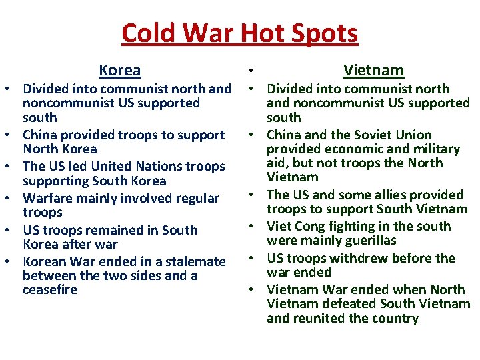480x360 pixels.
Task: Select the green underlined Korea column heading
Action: (x=120, y=70)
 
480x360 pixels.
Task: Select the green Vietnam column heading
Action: (x=373, y=70)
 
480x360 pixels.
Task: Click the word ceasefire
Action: (x=50, y=290)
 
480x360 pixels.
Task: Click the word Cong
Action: (x=310, y=226)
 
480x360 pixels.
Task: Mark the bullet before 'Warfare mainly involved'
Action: (x=12, y=199)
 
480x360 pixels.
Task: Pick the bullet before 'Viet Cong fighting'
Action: (x=257, y=227)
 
